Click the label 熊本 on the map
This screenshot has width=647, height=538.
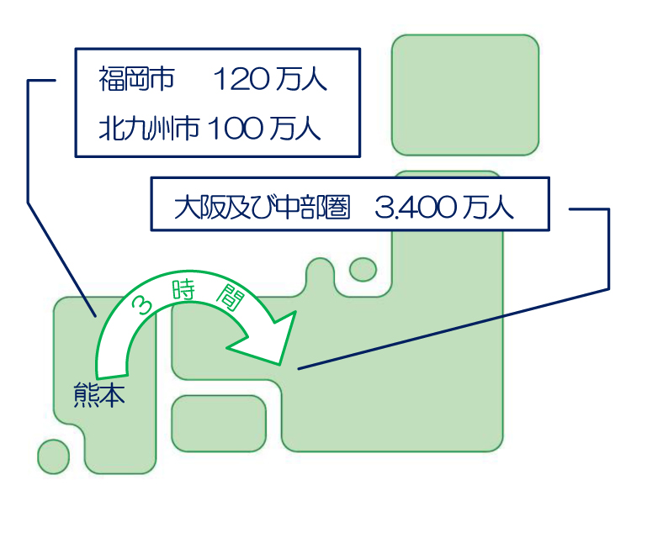point(99,394)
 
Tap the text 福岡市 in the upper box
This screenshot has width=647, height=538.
point(136,80)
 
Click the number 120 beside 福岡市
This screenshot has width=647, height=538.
point(239,80)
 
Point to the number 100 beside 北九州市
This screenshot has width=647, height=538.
point(235,129)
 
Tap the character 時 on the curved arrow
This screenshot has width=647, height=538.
point(184,292)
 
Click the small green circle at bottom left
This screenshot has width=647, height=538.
point(54,456)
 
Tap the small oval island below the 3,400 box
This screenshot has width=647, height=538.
point(363,269)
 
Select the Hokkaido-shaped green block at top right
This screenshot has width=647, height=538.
point(464,95)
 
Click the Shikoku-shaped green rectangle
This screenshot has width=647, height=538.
point(219,423)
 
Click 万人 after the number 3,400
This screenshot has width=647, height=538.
point(488,207)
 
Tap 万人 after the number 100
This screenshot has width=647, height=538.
point(294,129)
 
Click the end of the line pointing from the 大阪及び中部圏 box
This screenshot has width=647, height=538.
point(299,368)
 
